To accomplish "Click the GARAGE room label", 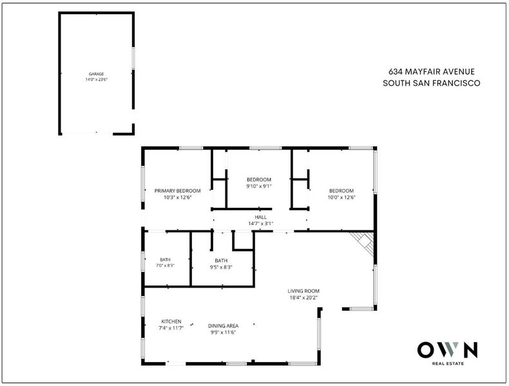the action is (97, 74).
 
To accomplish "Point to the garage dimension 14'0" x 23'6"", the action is (97, 79).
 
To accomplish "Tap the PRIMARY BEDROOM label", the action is (178, 190).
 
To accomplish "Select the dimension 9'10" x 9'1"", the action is (259, 186).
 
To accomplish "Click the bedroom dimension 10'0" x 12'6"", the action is (341, 197).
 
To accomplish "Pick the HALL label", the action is (261, 217).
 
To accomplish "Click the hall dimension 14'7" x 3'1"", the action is (261, 223).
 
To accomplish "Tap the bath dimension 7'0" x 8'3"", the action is (165, 265).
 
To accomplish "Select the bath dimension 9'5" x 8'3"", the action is (221, 268).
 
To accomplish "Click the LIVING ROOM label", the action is (303, 291).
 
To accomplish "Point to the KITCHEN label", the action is (171, 322).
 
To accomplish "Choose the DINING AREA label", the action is (224, 326).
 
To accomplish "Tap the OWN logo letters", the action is (448, 350).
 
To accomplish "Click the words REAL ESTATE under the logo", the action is (448, 363).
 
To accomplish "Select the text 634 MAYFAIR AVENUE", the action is (432, 71).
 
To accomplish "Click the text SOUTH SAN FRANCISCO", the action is (432, 83).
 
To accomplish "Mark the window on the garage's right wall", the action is (133, 58).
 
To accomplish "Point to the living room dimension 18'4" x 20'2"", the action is (303, 297).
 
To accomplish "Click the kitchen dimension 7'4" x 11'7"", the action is (171, 328).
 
